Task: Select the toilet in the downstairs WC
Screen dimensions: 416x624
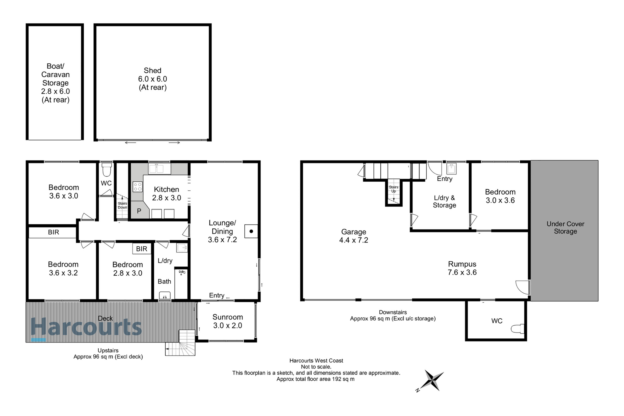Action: (x=517, y=329)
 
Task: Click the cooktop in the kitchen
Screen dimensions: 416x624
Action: (x=137, y=187)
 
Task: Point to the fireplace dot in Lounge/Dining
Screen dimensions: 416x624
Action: (x=251, y=231)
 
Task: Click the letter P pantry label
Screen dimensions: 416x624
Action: (x=139, y=211)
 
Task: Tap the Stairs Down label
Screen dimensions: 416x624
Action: (x=122, y=205)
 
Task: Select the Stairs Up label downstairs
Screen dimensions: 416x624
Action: (x=394, y=189)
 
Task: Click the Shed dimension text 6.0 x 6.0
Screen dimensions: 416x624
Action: (x=152, y=79)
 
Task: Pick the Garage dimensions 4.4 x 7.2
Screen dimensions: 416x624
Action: (x=353, y=240)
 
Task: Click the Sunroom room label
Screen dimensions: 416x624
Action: (x=227, y=317)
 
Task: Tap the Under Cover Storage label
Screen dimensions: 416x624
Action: (x=565, y=227)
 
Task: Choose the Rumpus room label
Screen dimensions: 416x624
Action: (x=462, y=264)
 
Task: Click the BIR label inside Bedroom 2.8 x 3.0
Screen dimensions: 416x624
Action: (x=141, y=249)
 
